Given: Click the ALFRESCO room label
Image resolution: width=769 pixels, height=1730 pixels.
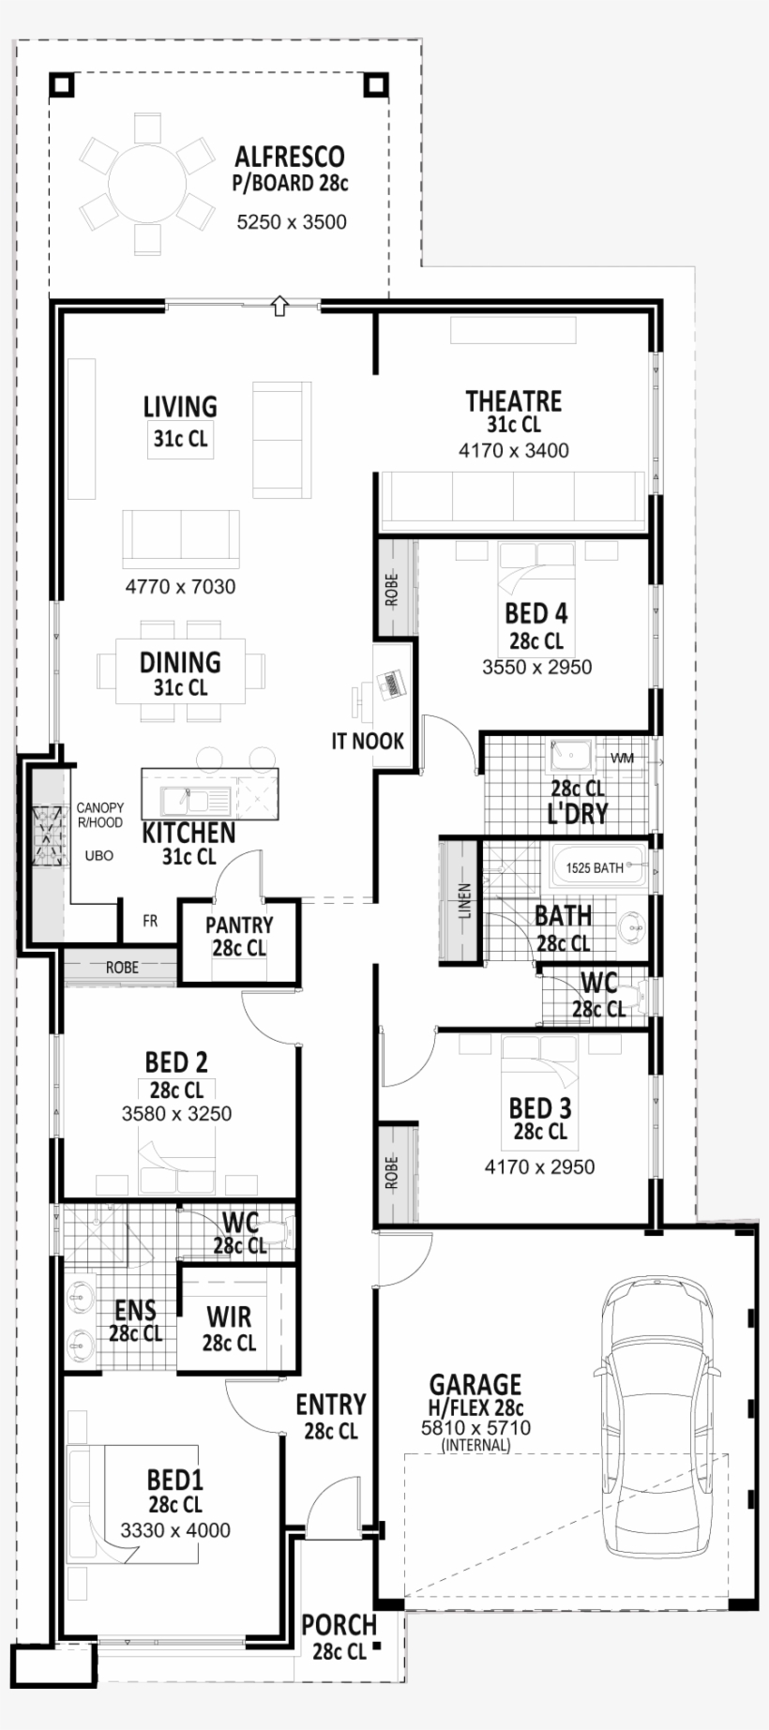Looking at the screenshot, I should (289, 157).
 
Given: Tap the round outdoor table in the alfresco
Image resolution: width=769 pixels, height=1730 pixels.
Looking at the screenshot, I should (147, 185).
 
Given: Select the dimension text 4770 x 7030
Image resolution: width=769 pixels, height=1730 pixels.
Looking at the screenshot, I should (180, 587).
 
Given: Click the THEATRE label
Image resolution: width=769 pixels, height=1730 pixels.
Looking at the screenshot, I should (513, 402).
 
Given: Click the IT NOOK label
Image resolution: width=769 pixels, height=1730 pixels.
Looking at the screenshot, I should (367, 741).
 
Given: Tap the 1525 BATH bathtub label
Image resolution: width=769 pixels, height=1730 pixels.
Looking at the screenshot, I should (595, 867).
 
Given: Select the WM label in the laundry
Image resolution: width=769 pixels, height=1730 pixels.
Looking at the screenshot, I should (622, 758).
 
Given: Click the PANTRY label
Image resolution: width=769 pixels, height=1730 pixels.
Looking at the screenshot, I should (239, 926).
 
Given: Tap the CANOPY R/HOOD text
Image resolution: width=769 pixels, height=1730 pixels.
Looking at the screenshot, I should (100, 815).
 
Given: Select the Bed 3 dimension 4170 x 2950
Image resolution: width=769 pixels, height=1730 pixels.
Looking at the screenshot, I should (539, 1167).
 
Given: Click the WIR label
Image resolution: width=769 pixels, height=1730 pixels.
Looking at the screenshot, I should (229, 1317).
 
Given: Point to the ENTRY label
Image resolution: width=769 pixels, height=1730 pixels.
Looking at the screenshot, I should (330, 1405).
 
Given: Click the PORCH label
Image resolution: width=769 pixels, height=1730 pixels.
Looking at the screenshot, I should (339, 1625).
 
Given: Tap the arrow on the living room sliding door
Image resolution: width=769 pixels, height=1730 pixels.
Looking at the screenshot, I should (279, 306).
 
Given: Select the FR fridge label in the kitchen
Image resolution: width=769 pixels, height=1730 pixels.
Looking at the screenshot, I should (150, 922).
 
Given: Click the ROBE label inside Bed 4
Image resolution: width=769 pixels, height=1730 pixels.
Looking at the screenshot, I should (392, 590).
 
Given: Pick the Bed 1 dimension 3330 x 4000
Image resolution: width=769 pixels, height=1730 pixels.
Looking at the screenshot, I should (175, 1530).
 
